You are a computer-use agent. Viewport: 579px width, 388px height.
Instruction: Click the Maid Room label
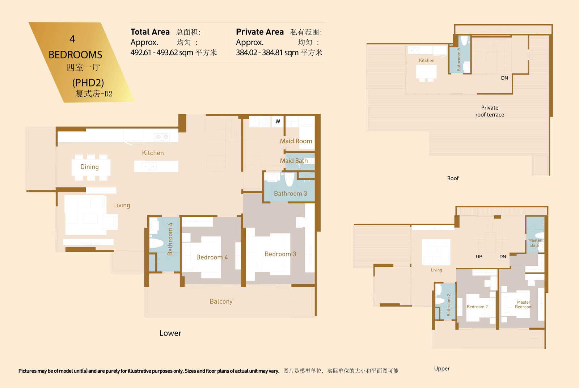tap(296, 141)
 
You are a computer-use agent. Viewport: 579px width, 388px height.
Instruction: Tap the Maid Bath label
tap(294, 161)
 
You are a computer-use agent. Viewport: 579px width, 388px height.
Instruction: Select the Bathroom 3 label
tap(290, 193)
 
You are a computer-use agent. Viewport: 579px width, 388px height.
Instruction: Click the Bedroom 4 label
tap(212, 257)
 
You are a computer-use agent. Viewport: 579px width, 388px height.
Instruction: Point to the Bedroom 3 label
tap(280, 254)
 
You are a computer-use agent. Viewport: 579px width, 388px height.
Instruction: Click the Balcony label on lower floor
tap(221, 301)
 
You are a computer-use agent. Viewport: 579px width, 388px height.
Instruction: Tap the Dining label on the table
tap(89, 167)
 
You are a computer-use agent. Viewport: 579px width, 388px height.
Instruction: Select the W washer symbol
tap(278, 121)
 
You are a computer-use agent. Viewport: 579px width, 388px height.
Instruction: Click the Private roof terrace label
tap(490, 111)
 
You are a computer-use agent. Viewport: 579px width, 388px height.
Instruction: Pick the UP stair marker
tap(479, 256)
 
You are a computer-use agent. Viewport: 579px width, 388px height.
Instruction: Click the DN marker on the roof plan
tap(504, 78)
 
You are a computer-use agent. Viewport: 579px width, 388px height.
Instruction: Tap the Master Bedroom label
tap(523, 304)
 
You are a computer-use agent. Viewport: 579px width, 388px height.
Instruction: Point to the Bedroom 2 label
tap(477, 307)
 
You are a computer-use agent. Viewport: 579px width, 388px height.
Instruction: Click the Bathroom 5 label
tap(459, 59)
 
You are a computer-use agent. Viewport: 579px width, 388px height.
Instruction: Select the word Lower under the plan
tap(170, 333)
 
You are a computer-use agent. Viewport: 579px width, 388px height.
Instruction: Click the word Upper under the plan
tap(442, 368)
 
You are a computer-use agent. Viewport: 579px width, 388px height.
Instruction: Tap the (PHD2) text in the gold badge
tap(88, 83)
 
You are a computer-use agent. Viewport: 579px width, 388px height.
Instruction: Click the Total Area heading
tap(150, 32)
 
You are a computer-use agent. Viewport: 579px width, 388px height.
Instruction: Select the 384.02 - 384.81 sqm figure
tap(267, 52)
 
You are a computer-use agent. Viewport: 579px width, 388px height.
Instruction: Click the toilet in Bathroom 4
tap(156, 243)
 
